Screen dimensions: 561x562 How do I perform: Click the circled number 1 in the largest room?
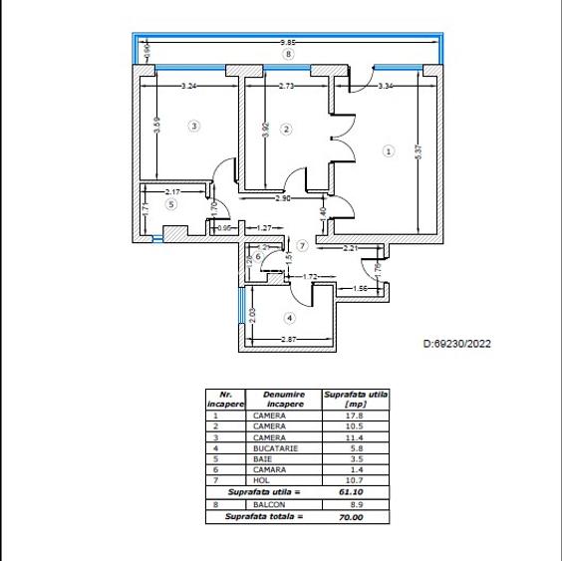pyautogui.click(x=389, y=150)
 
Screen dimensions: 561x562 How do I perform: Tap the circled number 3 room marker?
pyautogui.click(x=194, y=126)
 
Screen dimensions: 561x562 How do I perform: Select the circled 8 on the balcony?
pyautogui.click(x=288, y=54)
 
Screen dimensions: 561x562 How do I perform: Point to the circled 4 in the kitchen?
pyautogui.click(x=290, y=318)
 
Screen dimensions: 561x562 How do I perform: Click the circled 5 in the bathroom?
pyautogui.click(x=170, y=204)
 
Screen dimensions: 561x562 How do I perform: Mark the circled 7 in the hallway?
pyautogui.click(x=302, y=244)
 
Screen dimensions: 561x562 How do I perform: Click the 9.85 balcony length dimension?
pyautogui.click(x=287, y=43)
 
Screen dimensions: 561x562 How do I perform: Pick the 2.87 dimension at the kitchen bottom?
pyautogui.click(x=289, y=342)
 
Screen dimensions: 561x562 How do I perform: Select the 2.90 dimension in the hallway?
pyautogui.click(x=283, y=199)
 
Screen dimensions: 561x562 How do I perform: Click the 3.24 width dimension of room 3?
pyautogui.click(x=189, y=88)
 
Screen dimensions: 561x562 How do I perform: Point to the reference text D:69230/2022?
pyautogui.click(x=457, y=344)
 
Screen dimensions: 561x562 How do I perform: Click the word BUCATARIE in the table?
pyautogui.click(x=269, y=448)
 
